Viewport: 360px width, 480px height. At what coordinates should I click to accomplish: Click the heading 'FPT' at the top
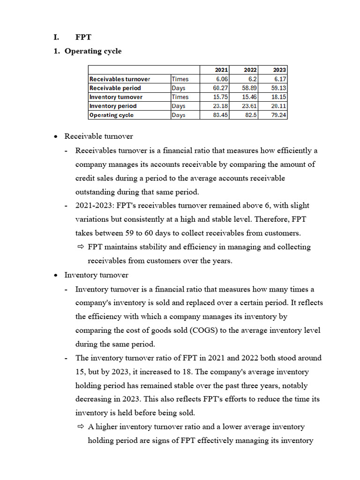pyautogui.click(x=84, y=37)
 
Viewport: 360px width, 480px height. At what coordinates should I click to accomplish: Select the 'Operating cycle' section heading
pyautogui.click(x=93, y=51)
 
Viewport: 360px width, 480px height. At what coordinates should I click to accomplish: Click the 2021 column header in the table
pyautogui.click(x=221, y=70)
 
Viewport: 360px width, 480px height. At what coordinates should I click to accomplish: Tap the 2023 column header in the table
pyautogui.click(x=279, y=70)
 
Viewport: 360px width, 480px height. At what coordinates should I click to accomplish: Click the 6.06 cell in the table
pyautogui.click(x=222, y=79)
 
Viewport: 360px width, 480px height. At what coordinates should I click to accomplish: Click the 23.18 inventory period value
pyautogui.click(x=220, y=106)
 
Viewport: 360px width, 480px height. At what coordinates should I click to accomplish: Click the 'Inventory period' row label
pyautogui.click(x=113, y=106)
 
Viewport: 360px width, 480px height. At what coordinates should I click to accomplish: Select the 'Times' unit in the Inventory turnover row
pyautogui.click(x=180, y=97)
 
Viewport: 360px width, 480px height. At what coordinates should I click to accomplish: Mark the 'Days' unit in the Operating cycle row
pyautogui.click(x=179, y=115)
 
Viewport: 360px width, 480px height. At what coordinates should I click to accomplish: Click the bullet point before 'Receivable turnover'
pyautogui.click(x=56, y=136)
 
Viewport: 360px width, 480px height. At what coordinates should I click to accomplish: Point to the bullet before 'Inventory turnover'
pyautogui.click(x=56, y=275)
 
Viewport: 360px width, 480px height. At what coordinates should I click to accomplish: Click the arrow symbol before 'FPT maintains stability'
pyautogui.click(x=80, y=247)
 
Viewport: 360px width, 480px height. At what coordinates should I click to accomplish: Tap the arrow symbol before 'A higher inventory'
pyautogui.click(x=80, y=427)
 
